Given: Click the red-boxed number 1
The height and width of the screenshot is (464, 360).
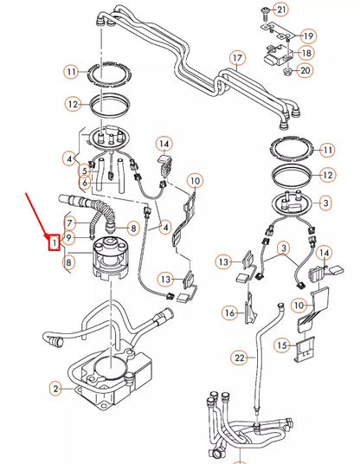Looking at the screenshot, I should [54, 243].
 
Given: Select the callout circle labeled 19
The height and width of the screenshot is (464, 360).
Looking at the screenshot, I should [307, 35].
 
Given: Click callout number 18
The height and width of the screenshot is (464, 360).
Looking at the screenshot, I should [307, 53].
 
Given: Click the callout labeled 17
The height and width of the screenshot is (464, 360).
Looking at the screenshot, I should [235, 60].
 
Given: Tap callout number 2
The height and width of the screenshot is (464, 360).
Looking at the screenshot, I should [55, 390].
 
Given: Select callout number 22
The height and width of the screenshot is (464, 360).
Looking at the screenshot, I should [239, 358].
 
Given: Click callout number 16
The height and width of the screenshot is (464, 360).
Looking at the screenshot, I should [229, 312].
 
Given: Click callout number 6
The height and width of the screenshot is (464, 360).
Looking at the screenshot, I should [86, 184].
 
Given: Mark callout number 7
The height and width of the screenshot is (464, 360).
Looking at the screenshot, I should [71, 223].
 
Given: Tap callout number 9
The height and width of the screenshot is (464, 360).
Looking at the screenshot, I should [71, 237].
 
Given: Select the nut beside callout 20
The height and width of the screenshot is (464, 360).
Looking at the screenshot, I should [286, 69].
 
